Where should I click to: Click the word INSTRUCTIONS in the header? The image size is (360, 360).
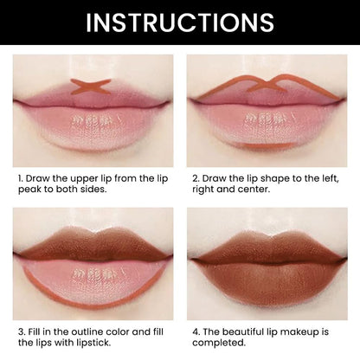click(180, 22)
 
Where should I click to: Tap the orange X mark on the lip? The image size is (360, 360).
click(90, 86)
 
